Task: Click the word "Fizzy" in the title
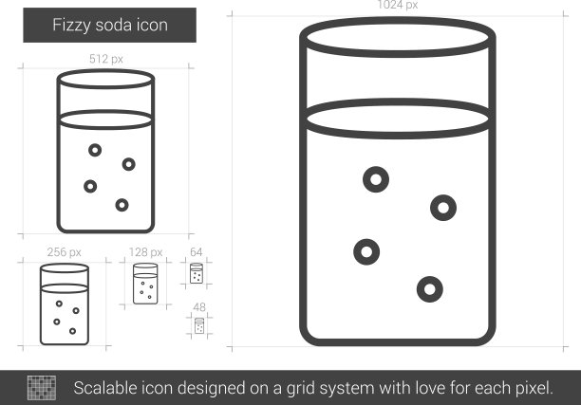(71, 26)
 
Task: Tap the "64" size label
(196, 252)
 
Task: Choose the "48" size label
(199, 307)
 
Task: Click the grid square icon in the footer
(42, 388)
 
